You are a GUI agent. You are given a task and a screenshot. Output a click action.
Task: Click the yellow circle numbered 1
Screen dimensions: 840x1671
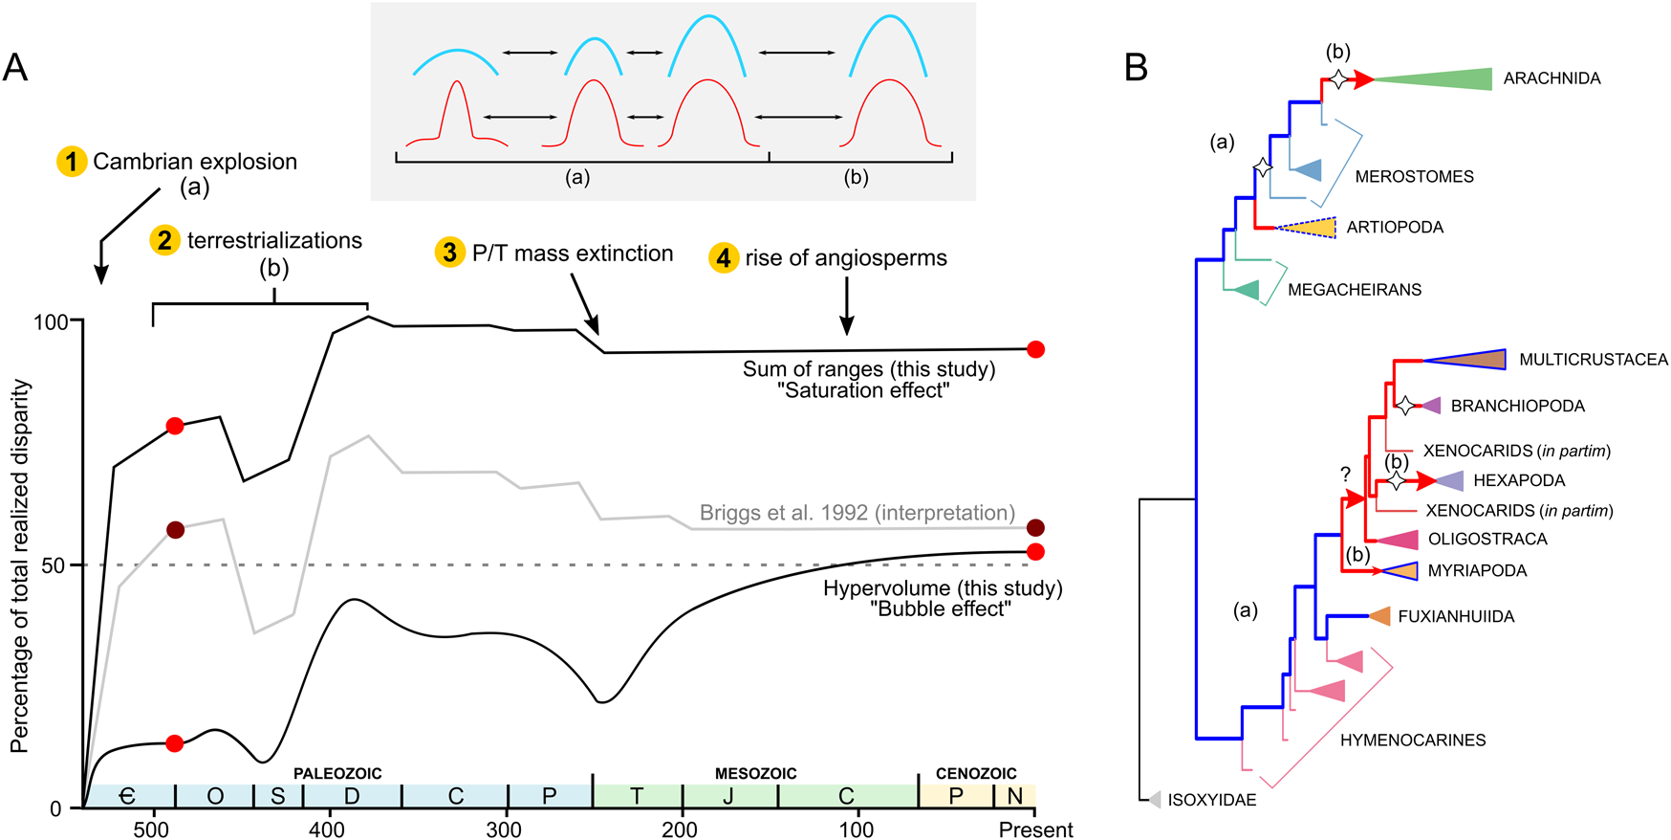pyautogui.click(x=72, y=162)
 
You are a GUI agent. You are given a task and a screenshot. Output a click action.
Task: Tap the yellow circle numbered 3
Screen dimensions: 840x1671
pyautogui.click(x=449, y=253)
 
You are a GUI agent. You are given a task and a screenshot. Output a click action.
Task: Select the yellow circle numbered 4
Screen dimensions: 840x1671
pyautogui.click(x=724, y=257)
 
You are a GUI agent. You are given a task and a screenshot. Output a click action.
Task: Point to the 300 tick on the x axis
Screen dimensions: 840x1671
pyautogui.click(x=504, y=829)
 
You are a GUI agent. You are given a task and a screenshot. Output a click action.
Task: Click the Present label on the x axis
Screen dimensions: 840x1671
pyautogui.click(x=1035, y=829)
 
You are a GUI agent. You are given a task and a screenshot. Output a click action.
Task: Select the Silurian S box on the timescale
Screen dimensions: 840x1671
pyautogui.click(x=277, y=796)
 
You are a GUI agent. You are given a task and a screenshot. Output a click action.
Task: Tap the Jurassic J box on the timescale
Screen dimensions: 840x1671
pyautogui.click(x=728, y=796)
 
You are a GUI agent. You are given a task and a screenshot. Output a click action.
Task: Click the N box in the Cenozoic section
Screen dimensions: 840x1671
pyautogui.click(x=1015, y=796)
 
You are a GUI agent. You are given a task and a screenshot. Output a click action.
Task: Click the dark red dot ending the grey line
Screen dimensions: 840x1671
pyautogui.click(x=1034, y=528)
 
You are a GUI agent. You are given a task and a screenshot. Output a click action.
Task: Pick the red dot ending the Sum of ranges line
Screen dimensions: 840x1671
pyautogui.click(x=1034, y=349)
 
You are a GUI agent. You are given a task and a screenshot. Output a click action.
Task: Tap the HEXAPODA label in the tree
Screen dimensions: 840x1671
pyautogui.click(x=1519, y=480)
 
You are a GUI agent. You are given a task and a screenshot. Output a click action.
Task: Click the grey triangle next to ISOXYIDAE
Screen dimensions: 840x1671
pyautogui.click(x=1155, y=800)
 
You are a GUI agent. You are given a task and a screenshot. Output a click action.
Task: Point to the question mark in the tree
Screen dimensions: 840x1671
pyautogui.click(x=1345, y=475)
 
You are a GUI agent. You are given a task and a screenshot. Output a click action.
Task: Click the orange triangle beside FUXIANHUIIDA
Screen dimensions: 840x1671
pyautogui.click(x=1380, y=616)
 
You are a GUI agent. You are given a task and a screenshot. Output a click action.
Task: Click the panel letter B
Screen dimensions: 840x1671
pyautogui.click(x=1136, y=67)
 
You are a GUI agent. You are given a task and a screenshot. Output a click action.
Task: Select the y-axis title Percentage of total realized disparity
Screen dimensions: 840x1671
pyautogui.click(x=21, y=566)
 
